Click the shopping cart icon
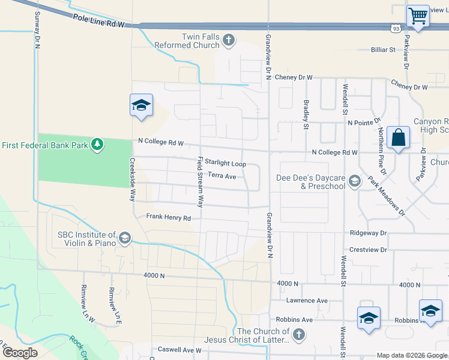417,16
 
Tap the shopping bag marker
398,137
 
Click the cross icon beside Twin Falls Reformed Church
228,41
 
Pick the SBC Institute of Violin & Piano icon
124,239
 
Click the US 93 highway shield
395,28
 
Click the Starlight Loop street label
225,163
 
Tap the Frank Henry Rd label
169,218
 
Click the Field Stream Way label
200,182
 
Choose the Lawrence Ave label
307,300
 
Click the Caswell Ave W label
179,350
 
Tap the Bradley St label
306,114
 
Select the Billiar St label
383,50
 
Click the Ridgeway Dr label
370,232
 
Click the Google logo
20,352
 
